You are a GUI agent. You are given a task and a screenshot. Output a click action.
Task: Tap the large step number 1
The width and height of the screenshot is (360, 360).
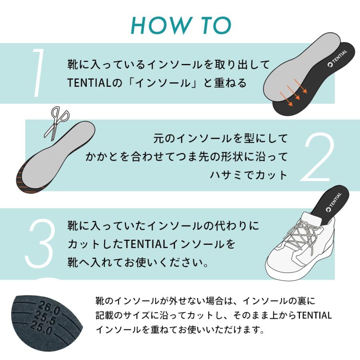coord(39,73)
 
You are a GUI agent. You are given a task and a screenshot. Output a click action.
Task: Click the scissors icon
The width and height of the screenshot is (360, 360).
coord(57,122)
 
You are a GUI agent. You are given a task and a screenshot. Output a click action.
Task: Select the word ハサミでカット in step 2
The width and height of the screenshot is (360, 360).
coord(249,175)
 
